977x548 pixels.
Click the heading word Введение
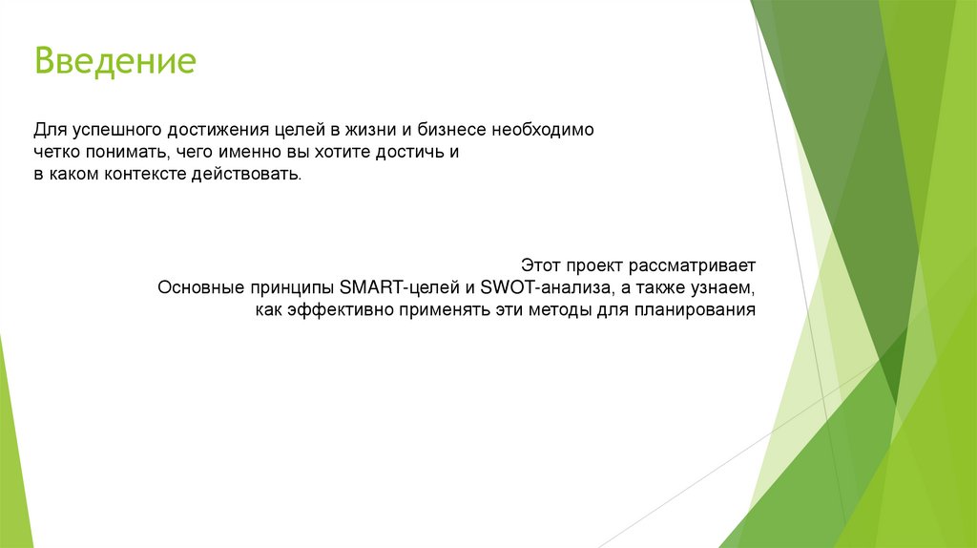(x=115, y=62)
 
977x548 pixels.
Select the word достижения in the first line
(x=214, y=128)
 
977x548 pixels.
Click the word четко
(x=56, y=152)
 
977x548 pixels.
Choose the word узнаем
(x=724, y=286)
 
